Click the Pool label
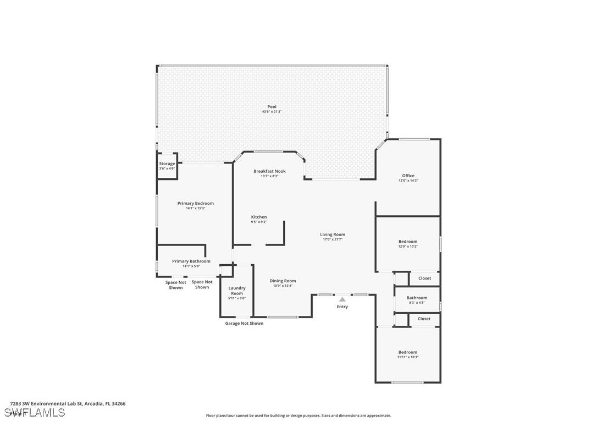pos(272,107)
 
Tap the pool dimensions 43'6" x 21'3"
pos(272,112)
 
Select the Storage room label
pos(167,163)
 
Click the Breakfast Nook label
pos(269,171)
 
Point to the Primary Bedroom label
pos(195,203)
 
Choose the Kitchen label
pos(259,217)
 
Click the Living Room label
pos(333,234)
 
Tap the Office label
pos(408,176)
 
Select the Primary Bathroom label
pos(191,261)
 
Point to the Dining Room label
pos(283,281)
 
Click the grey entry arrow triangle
pos(342,299)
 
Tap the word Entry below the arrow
pos(342,307)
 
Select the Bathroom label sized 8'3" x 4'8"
pos(417,298)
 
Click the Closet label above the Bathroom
pos(424,278)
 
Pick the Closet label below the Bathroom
pos(424,319)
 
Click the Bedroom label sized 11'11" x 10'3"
pos(407,352)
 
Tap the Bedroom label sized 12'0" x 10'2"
pos(407,242)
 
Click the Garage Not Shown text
pos(244,324)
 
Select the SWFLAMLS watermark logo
pos(35,413)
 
